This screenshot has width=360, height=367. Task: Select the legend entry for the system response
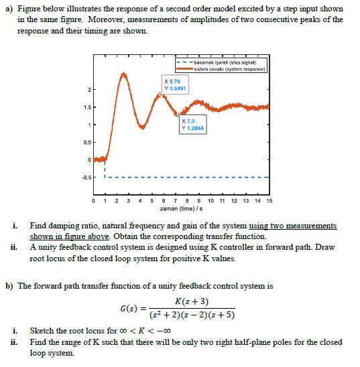228,69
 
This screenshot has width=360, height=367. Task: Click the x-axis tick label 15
269,201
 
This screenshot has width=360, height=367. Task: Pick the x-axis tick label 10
211,201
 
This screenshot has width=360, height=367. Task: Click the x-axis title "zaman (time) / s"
180,209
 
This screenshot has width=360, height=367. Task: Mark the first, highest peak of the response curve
123,72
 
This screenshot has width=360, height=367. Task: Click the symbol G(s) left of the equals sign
128,309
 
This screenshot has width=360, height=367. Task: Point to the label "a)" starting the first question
9,9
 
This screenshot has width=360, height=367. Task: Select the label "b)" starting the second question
9,285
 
